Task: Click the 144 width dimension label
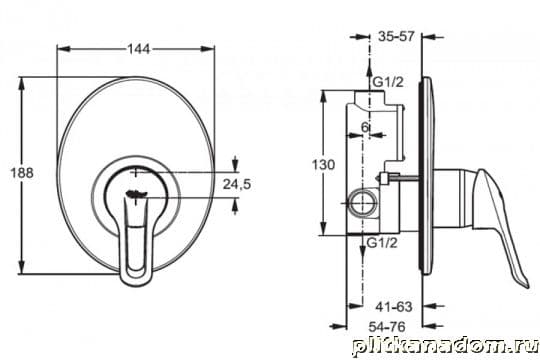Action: tap(139, 49)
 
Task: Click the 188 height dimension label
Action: tap(22, 173)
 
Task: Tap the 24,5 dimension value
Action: tap(237, 184)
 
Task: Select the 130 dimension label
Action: tap(323, 165)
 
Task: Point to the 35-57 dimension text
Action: tap(396, 36)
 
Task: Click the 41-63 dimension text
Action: tap(394, 307)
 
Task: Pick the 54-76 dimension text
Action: tap(387, 327)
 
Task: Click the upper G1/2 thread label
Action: tap(388, 82)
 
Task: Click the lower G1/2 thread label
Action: tap(382, 243)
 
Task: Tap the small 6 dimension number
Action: tap(365, 127)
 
